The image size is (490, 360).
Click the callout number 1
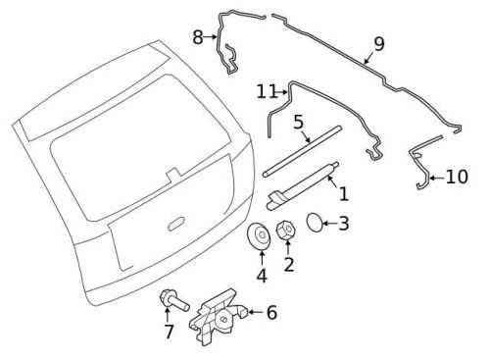click(x=342, y=195)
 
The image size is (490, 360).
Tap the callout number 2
click(x=289, y=264)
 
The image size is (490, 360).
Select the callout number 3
click(x=343, y=225)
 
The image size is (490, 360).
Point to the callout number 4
click(x=261, y=275)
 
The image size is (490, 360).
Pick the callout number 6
click(x=271, y=313)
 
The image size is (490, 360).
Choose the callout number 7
click(x=167, y=333)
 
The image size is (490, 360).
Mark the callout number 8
click(x=197, y=37)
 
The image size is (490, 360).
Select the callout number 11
click(x=264, y=91)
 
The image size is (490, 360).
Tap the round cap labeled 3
click(x=317, y=223)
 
